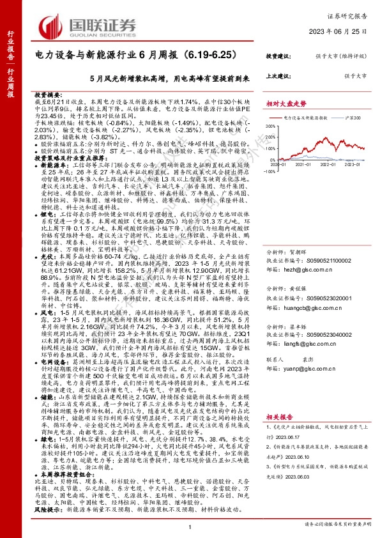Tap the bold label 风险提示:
47,511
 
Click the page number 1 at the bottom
190,526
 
